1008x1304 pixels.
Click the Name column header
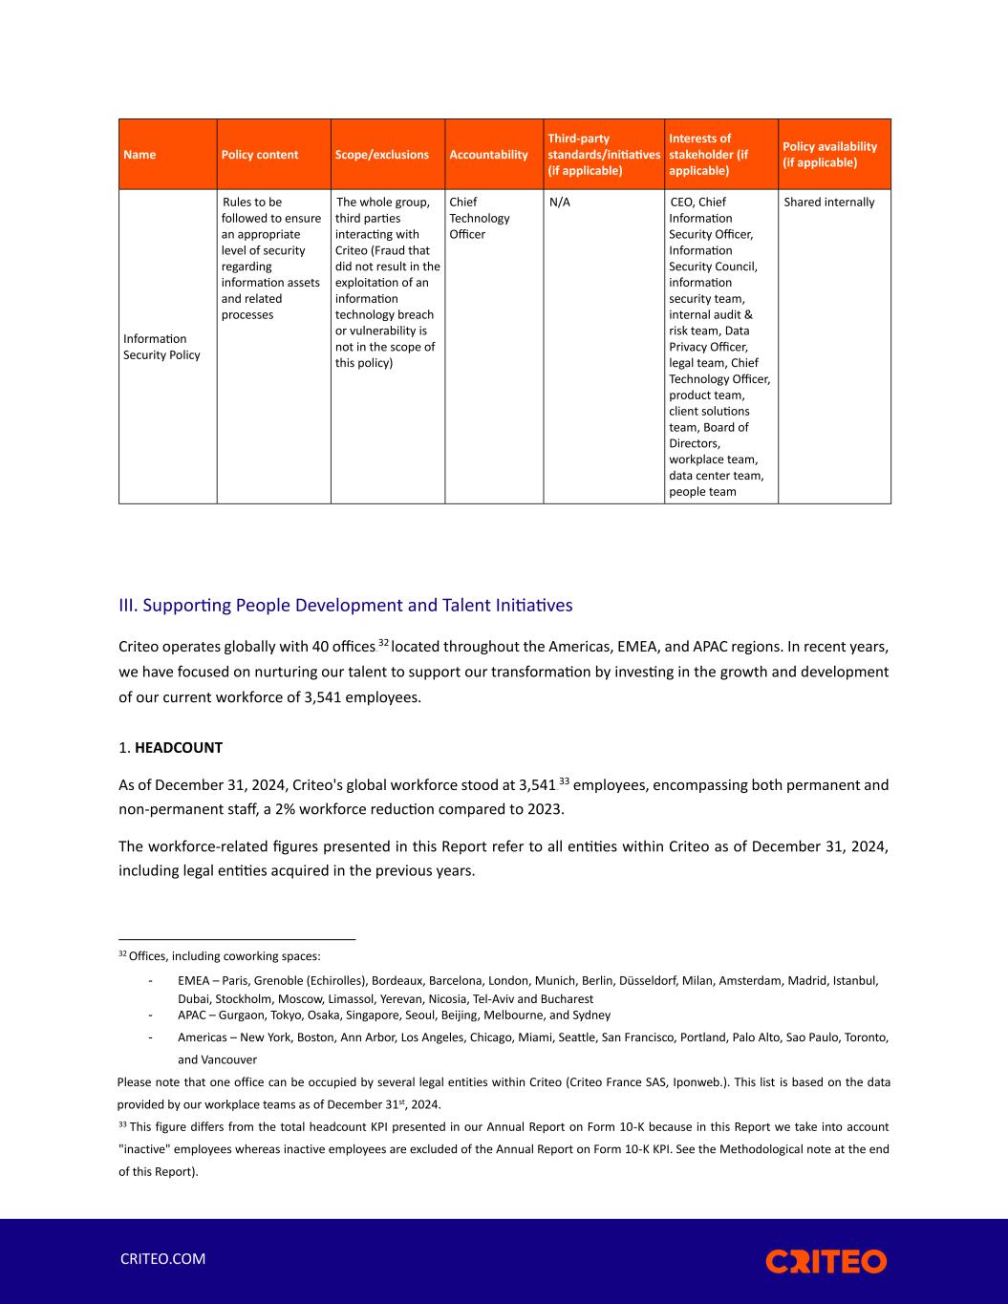click(x=139, y=155)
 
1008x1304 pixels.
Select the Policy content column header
click(x=259, y=155)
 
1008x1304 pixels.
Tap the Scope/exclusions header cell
click(x=381, y=155)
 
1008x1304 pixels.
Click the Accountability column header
click(x=488, y=155)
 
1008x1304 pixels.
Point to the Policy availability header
click(x=829, y=155)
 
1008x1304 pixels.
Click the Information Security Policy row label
click(x=161, y=347)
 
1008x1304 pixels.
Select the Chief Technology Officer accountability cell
click(x=479, y=218)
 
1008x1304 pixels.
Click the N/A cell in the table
click(x=560, y=203)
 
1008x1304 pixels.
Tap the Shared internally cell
click(x=828, y=203)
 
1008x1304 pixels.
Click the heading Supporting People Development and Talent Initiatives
click(x=345, y=606)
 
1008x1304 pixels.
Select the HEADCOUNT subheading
click(x=178, y=748)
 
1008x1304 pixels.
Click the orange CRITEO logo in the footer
click(x=826, y=1261)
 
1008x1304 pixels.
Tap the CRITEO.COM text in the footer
click(x=162, y=1259)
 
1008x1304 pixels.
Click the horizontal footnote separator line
click(x=237, y=940)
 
